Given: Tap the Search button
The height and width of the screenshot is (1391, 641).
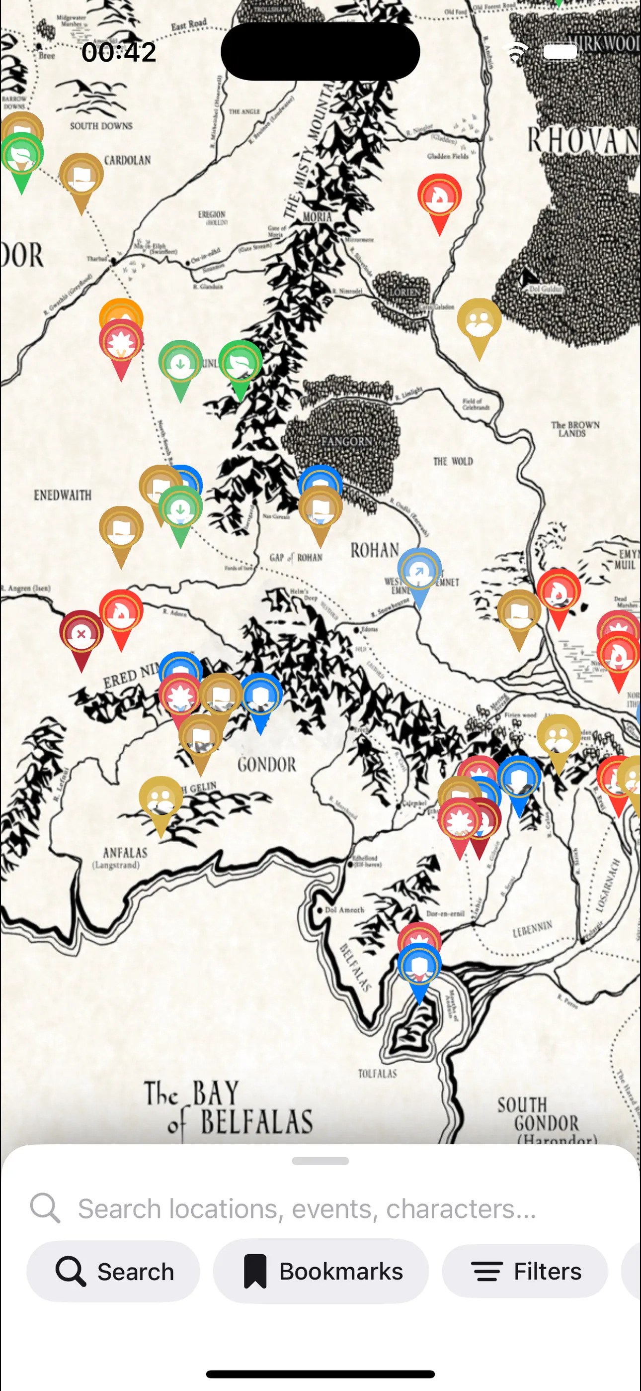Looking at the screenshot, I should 113,1271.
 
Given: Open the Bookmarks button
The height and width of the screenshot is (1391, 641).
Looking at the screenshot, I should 321,1271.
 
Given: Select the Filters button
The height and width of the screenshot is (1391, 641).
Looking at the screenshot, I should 525,1271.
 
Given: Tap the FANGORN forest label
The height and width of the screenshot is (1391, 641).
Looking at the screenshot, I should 346,442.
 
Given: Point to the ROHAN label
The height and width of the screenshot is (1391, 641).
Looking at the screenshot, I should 375,550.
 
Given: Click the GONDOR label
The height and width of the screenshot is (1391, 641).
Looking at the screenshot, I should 266,765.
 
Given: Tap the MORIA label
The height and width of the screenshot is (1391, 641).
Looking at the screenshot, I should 317,217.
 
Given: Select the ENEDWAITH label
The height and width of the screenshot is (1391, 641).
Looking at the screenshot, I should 63,495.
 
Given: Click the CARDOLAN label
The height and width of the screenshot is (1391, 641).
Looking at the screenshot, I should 127,160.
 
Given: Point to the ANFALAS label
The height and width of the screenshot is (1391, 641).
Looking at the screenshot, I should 125,853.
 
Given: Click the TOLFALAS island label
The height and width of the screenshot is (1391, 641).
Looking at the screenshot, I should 377,1074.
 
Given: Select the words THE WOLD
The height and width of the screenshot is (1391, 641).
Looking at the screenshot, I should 453,461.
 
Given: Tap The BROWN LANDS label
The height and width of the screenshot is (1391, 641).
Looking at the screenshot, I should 574,429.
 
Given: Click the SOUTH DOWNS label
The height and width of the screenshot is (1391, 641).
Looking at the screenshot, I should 101,126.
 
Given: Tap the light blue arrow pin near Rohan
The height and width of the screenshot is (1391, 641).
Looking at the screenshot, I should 419,571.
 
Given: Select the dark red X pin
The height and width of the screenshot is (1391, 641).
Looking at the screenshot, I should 81,634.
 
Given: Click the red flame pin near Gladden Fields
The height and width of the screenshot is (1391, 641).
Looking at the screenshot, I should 439,197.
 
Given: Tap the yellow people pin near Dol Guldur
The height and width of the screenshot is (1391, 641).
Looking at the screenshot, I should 479,321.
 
